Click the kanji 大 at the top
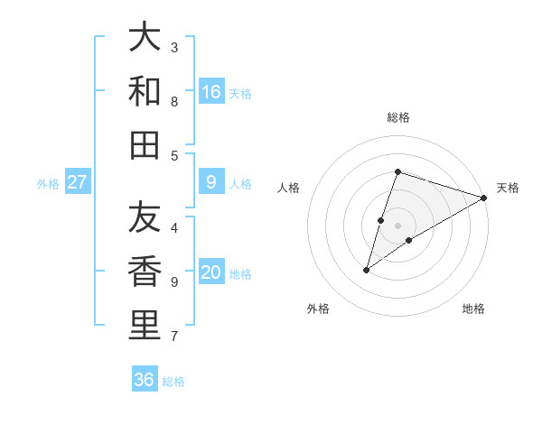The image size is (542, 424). (145, 40)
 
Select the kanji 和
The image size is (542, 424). (145, 92)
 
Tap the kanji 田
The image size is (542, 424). (145, 144)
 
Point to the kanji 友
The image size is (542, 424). (145, 219)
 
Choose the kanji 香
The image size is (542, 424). (145, 272)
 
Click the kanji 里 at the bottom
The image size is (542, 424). (145, 326)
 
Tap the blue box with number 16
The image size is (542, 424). (211, 92)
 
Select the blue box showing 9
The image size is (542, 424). (211, 182)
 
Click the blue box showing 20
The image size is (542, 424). (211, 272)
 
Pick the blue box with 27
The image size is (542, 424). (78, 182)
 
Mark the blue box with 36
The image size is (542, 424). (145, 380)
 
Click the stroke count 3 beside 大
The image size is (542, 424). (174, 47)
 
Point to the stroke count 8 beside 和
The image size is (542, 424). (174, 101)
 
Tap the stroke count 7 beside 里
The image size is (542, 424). (174, 336)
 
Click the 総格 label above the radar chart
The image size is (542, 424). (397, 117)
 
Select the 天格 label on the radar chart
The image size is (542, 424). (508, 188)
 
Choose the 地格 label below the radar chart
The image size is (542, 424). (473, 309)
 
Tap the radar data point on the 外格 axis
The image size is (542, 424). (367, 270)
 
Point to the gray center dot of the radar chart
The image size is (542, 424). (398, 225)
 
